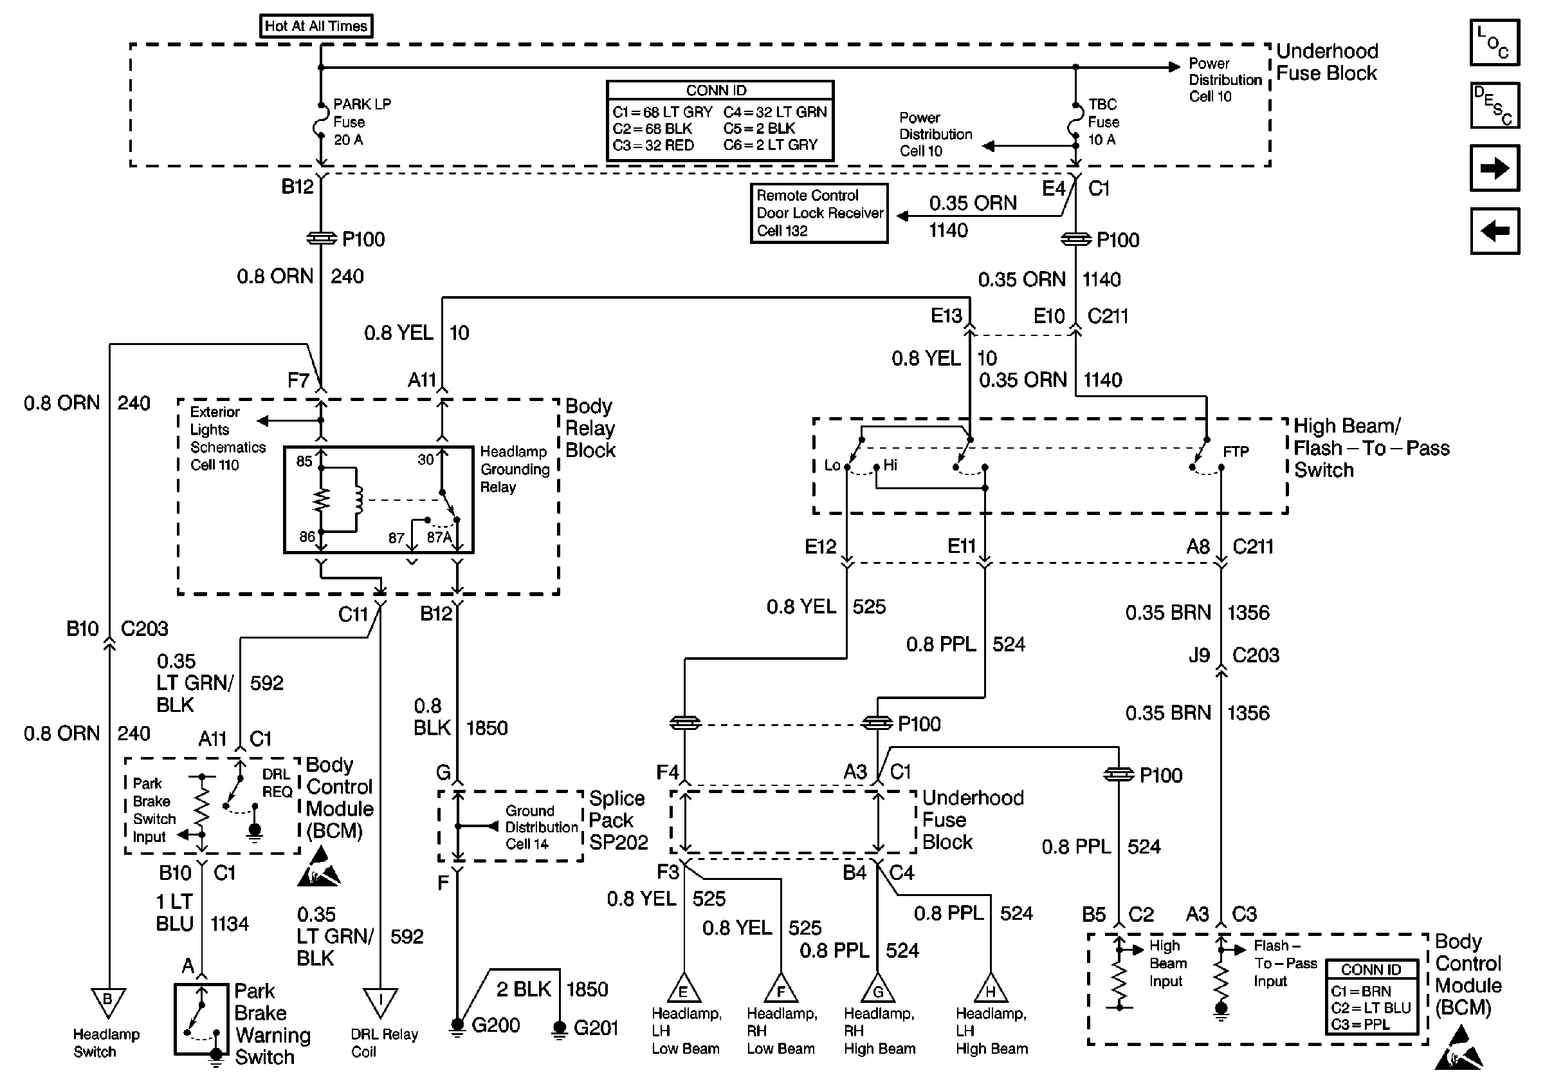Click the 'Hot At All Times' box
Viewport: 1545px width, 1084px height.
pos(316,26)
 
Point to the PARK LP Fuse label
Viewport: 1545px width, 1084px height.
pos(361,122)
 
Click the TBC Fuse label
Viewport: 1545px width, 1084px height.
pos(1104,122)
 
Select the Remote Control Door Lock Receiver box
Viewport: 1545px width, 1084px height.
pos(819,214)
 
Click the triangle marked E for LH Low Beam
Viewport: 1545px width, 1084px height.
pos(684,990)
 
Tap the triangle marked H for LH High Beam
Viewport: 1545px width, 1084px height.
pos(991,990)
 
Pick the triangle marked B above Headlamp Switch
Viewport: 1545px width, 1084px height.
pos(107,1001)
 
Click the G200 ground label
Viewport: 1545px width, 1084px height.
pos(495,1025)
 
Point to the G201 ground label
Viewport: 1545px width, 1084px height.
pos(596,1028)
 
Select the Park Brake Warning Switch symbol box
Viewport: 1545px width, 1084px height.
pos(202,1019)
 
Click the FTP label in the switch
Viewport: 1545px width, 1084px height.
pos(1236,452)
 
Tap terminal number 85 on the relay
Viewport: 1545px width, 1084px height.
pos(304,461)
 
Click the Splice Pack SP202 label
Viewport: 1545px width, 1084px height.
pos(617,820)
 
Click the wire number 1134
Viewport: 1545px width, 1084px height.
pos(230,924)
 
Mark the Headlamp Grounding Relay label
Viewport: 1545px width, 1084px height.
pos(514,469)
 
